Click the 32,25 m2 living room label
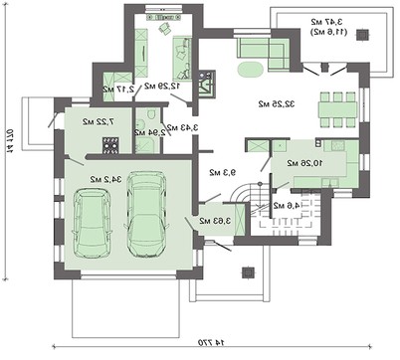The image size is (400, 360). (263, 103)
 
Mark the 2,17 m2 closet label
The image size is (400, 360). (114, 90)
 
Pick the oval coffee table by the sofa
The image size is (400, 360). (251, 70)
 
